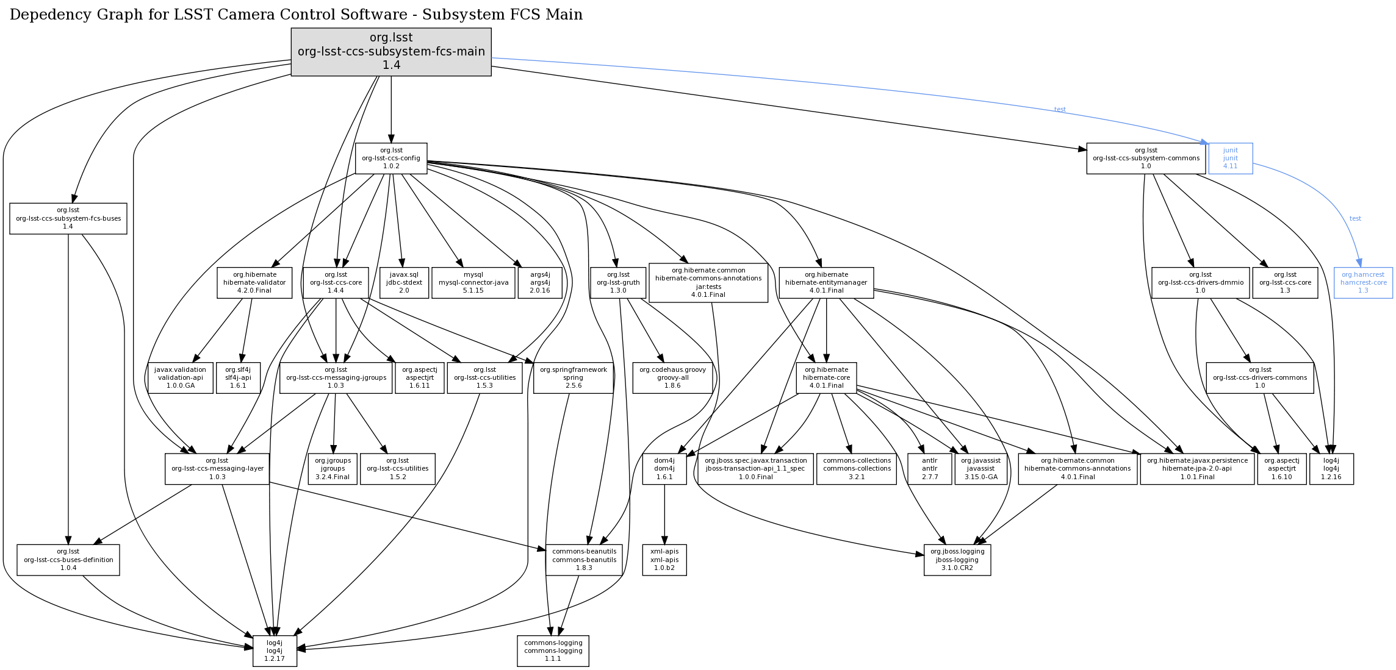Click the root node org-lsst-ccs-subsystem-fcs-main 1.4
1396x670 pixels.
391,52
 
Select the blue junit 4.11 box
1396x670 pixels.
1230,159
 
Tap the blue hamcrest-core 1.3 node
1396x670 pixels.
1363,283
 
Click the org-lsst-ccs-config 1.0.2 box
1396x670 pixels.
391,159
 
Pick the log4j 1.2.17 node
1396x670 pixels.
275,651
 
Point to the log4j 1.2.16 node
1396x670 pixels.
1331,469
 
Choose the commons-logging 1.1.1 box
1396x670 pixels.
553,651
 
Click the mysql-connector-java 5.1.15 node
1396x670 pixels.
473,283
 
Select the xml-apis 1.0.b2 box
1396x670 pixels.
664,560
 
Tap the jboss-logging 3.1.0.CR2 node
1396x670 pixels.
957,560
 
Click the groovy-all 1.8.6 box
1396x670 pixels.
672,378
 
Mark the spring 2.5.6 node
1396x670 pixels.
573,378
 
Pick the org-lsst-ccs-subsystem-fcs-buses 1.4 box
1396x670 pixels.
68,218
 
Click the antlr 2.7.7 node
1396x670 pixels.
930,469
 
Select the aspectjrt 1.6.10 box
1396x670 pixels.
1281,469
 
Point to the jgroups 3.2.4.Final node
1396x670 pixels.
333,469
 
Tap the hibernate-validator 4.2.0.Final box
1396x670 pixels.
254,283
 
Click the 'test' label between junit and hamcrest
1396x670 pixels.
1355,218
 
